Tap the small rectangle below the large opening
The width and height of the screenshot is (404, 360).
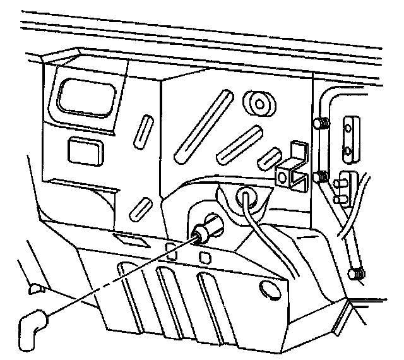coord(85,149)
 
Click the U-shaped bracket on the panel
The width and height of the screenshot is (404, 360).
coord(292,169)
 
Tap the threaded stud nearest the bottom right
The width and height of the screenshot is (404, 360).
coord(356,274)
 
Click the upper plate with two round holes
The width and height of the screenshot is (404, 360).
coord(350,136)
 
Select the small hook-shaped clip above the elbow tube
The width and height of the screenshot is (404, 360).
coord(35,289)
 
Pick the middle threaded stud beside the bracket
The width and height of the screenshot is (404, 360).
coord(322,176)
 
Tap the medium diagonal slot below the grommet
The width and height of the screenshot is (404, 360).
coord(239,145)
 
